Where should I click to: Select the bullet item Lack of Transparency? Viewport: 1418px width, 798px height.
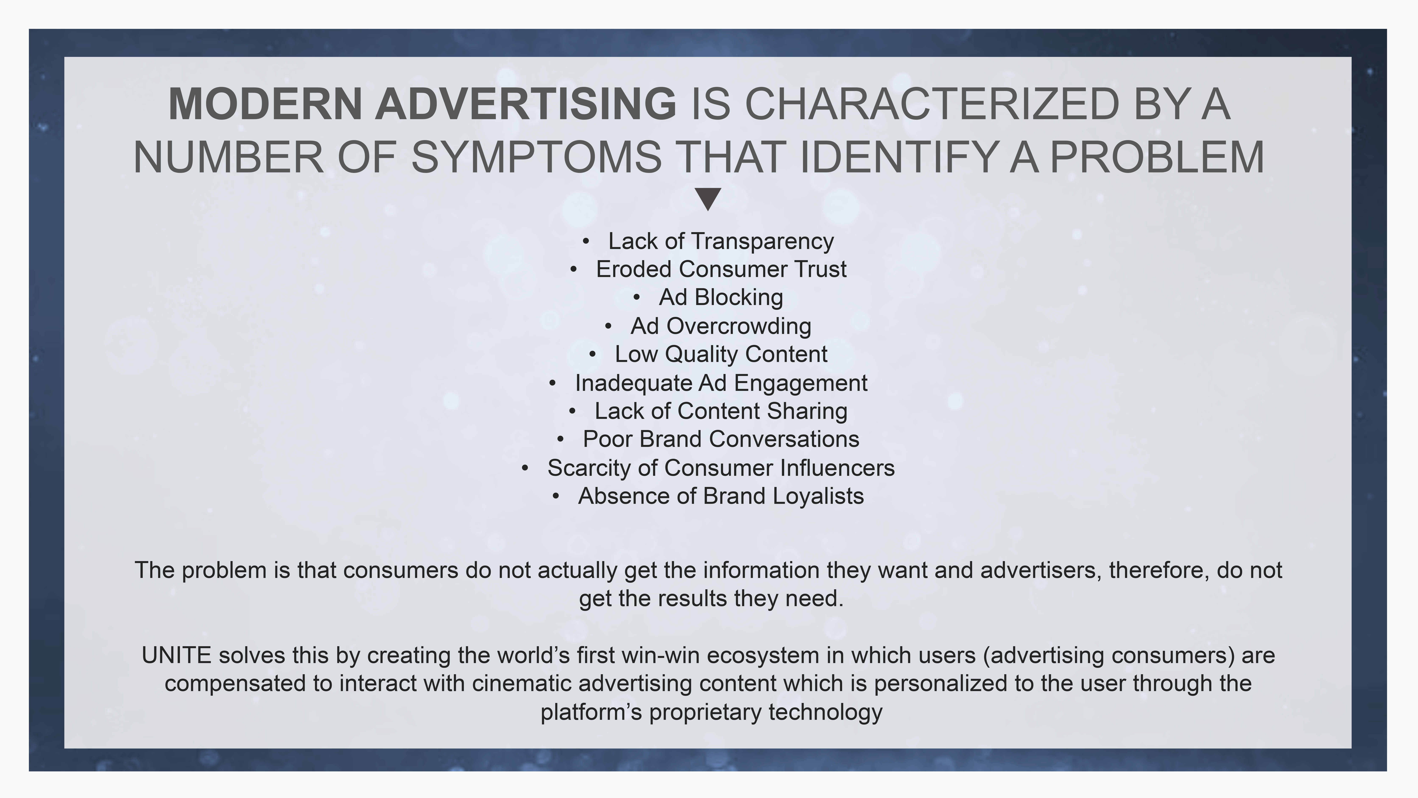721,241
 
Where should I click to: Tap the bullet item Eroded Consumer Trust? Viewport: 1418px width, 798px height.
721,269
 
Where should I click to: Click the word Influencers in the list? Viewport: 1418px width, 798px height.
837,468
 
